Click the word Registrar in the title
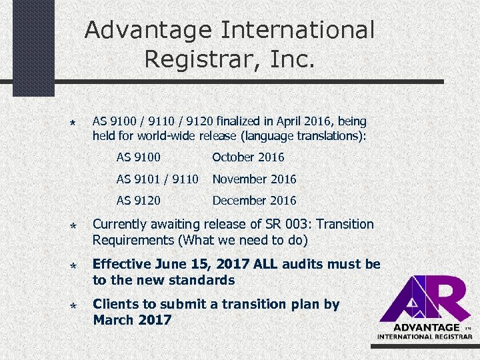[x=194, y=59]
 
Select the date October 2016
[x=248, y=157]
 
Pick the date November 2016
[x=254, y=179]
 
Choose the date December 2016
[x=254, y=201]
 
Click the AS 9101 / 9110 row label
[x=157, y=179]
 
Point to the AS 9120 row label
[x=138, y=201]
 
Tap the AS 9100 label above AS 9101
[x=138, y=157]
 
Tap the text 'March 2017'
[x=132, y=320]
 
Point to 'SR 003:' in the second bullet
[x=273, y=224]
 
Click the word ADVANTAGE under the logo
[x=427, y=327]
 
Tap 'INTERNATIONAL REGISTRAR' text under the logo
[x=425, y=337]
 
